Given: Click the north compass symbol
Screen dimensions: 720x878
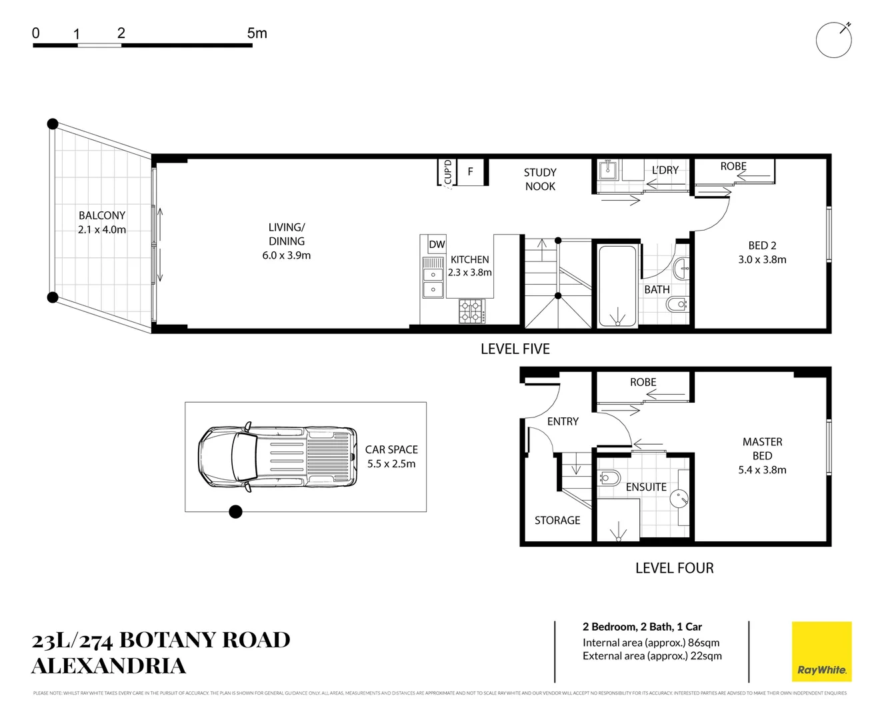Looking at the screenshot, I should (833, 40).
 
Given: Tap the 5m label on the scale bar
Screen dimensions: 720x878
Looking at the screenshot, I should (257, 33).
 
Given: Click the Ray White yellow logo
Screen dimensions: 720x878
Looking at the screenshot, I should (821, 651).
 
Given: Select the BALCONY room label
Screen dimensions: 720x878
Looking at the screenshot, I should (102, 215).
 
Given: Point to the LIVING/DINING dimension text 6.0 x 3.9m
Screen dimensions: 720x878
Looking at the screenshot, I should (286, 255).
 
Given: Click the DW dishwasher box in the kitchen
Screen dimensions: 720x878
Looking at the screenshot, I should (437, 245).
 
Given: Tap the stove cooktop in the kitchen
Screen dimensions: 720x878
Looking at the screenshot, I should (471, 311).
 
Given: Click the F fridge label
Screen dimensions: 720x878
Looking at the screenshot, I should (470, 172).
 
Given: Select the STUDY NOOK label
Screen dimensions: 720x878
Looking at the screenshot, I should (540, 179).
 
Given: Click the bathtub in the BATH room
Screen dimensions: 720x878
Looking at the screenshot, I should (617, 286).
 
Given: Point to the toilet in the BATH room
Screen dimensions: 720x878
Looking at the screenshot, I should (677, 305).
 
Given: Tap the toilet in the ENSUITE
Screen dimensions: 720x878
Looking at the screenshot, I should (609, 478).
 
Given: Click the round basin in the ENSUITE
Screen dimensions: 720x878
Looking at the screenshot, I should (679, 497).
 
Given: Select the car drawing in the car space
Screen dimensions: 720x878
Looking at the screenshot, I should (277, 457).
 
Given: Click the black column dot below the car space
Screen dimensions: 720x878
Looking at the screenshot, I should (235, 512).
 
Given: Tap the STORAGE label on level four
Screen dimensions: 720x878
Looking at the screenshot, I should (557, 520).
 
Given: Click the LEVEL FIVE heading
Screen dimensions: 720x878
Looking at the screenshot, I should (515, 349).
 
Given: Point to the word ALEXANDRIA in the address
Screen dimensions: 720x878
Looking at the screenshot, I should (109, 665).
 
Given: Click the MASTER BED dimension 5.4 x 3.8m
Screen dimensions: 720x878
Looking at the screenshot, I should (762, 470).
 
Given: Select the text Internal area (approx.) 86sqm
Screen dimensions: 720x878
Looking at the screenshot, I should (651, 643).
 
